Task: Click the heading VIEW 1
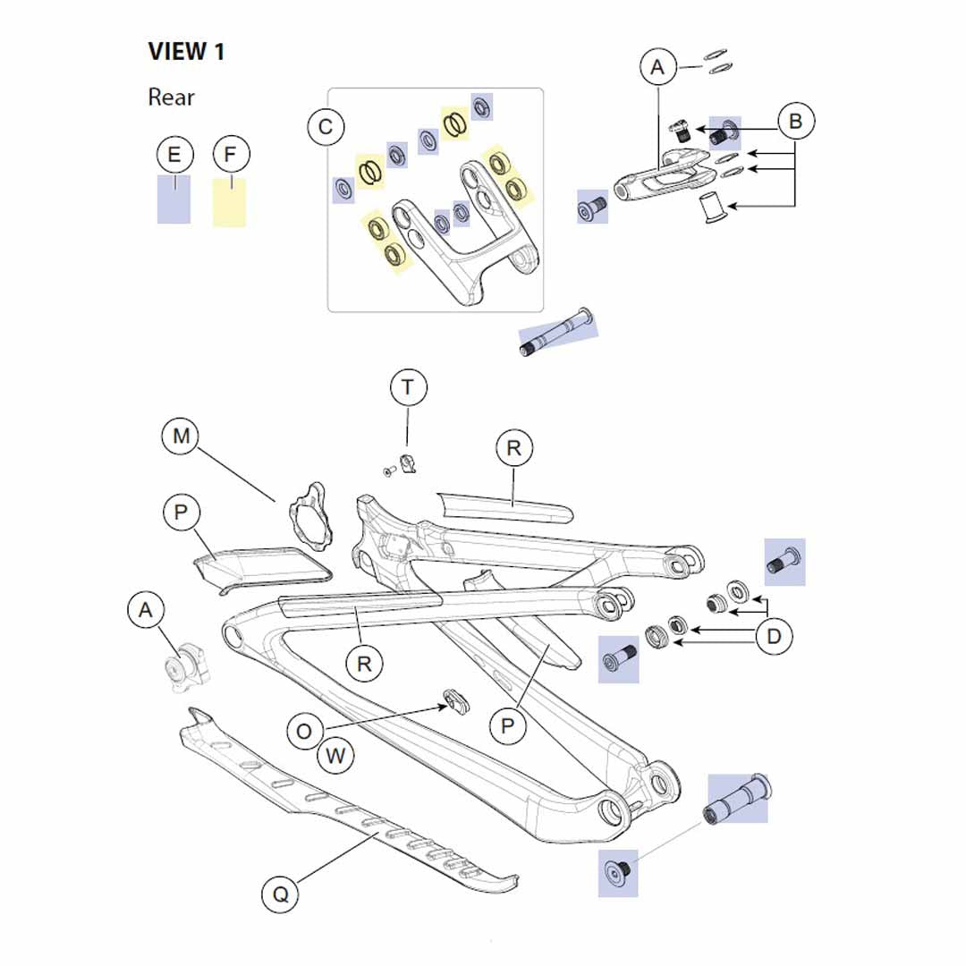point(186,52)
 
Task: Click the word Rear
point(171,97)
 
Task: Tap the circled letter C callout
point(326,127)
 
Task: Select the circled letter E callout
point(174,155)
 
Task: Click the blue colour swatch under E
point(174,200)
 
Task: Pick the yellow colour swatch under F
point(229,202)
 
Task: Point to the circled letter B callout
point(795,121)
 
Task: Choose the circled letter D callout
point(774,637)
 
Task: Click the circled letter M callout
point(182,436)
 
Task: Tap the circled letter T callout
point(408,387)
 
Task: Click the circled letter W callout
point(335,756)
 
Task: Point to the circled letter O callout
point(305,732)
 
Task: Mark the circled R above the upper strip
point(513,448)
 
